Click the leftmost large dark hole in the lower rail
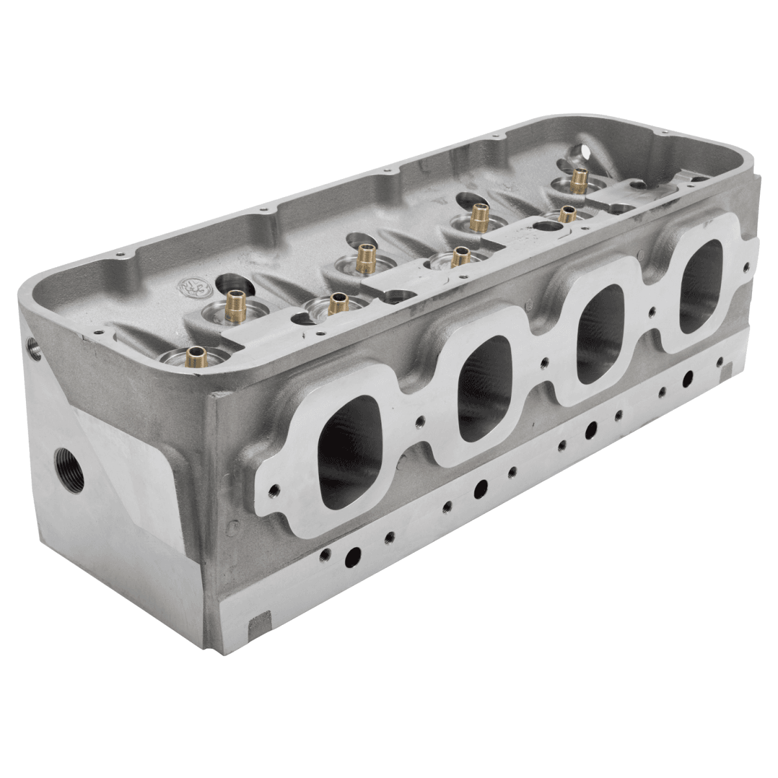353,556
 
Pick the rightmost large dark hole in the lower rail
687,377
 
